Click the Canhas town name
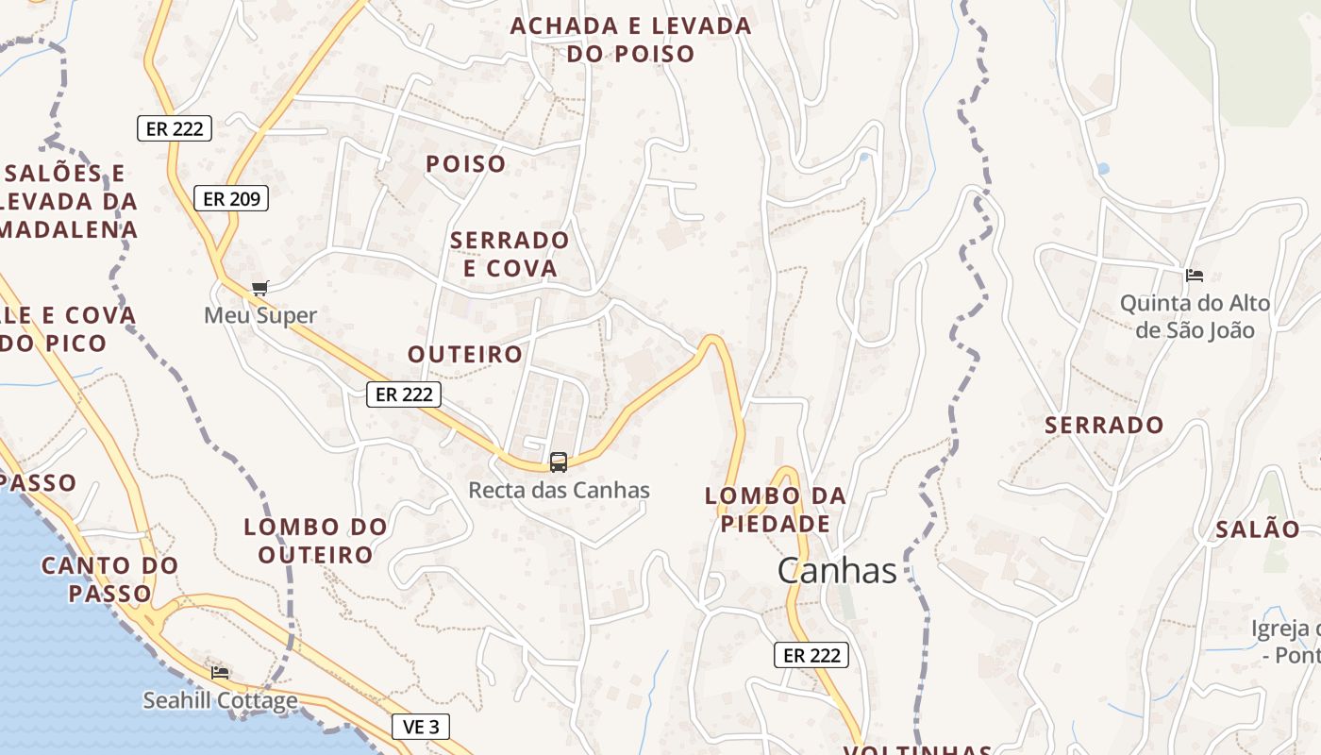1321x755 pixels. [837, 570]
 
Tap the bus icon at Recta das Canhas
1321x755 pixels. [559, 462]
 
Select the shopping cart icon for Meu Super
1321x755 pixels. [260, 289]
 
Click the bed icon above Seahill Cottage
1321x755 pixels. [220, 672]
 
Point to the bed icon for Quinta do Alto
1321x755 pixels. [1195, 276]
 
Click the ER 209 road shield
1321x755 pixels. [231, 198]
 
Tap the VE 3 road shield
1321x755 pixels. [420, 727]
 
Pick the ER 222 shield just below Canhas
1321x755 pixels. [811, 655]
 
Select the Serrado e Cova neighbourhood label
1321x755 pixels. [510, 254]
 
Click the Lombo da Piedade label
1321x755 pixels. [776, 510]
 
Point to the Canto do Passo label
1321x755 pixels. [109, 579]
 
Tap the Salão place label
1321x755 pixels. [1258, 529]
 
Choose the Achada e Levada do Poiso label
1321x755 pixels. [630, 40]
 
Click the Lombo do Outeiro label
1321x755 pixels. [316, 540]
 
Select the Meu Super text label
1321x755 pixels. [260, 315]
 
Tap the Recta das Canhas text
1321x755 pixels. [560, 491]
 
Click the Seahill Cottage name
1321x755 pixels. [220, 700]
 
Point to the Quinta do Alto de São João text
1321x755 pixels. [1195, 316]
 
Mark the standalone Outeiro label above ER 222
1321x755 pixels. [465, 354]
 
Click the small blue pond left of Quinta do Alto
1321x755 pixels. [1102, 170]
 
